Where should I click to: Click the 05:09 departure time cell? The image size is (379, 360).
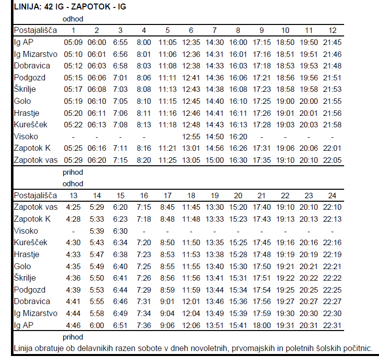pos(73,42)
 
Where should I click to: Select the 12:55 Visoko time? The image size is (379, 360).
pos(191,136)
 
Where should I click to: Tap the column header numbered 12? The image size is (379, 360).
pos(333,30)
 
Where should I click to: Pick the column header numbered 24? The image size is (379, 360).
pos(333,195)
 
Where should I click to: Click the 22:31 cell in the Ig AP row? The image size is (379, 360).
pos(333,325)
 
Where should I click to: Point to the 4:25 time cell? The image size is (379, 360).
pos(73,207)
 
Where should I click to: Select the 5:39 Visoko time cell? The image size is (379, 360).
pos(97,231)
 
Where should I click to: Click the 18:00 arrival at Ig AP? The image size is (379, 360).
pos(262,325)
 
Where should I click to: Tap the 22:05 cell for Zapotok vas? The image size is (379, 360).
pos(333,160)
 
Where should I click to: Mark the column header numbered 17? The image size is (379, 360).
pos(168,195)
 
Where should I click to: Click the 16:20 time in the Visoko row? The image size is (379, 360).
pos(238,136)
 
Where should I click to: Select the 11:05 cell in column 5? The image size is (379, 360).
pos(168,42)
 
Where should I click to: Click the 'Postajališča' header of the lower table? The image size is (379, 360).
pos(35,195)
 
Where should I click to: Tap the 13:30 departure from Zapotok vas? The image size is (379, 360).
pos(214,207)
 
